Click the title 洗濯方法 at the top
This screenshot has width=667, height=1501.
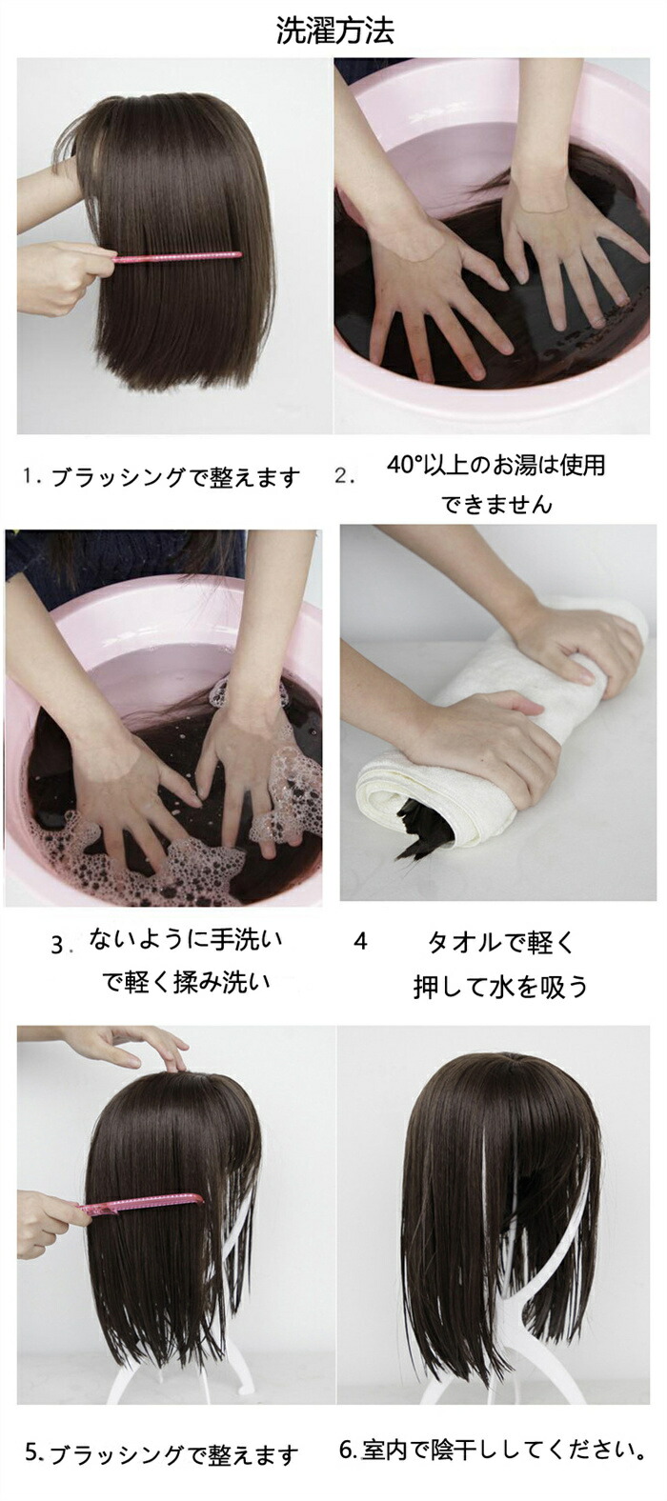[334, 30]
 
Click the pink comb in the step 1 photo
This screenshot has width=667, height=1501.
[177, 256]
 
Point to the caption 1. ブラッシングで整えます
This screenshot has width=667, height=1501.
[161, 477]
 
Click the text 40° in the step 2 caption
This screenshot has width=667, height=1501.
[404, 465]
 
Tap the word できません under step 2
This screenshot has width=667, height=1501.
[496, 504]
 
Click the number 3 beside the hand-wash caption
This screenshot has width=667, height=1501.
[58, 945]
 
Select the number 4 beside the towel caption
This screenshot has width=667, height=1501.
[360, 942]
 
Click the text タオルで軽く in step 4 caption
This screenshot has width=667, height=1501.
[501, 942]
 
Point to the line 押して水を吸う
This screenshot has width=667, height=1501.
[500, 986]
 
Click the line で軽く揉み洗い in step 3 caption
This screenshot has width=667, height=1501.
[186, 982]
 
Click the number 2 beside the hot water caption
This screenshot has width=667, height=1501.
[343, 476]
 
